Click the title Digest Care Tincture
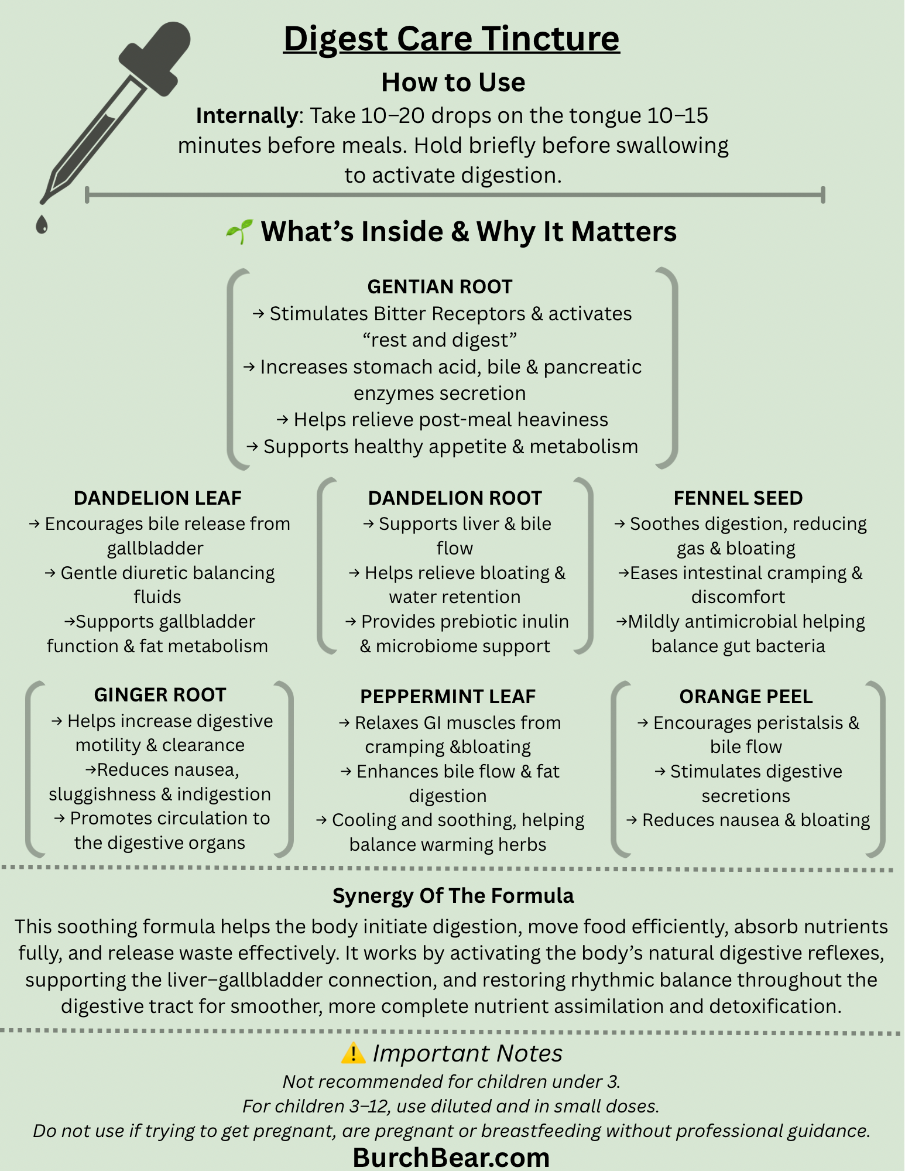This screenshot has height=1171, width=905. [451, 39]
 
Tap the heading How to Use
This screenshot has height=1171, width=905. [453, 82]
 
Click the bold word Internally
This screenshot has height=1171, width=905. [246, 116]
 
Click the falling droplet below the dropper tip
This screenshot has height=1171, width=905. [42, 224]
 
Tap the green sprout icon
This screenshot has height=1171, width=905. [239, 232]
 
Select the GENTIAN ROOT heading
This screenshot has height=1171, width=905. [440, 287]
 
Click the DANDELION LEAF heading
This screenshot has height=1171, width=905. [157, 498]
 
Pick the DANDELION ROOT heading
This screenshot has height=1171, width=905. [455, 498]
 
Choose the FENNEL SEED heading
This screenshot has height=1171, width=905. [738, 498]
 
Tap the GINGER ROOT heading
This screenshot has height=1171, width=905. [160, 695]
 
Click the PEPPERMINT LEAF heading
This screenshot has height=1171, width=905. [448, 697]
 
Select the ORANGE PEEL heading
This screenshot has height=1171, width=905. [746, 697]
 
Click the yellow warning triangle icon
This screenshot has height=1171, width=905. [353, 1053]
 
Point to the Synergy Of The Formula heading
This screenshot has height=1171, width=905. [453, 896]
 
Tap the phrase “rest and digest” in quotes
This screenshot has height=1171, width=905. [440, 340]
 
